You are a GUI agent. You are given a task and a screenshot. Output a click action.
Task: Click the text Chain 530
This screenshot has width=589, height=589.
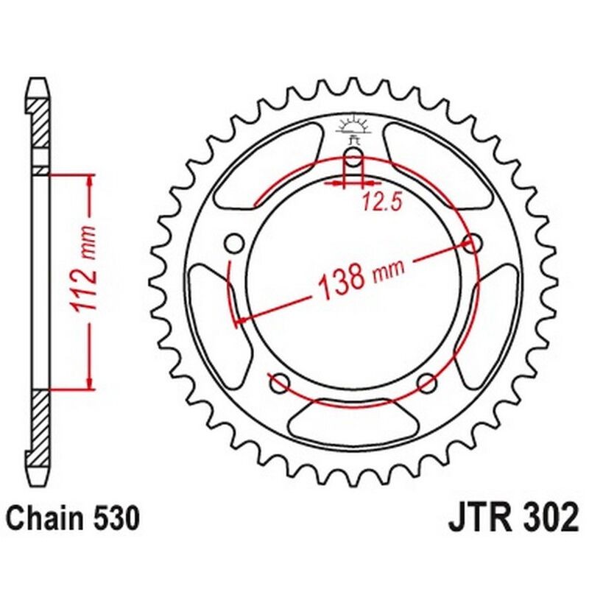point(74,519)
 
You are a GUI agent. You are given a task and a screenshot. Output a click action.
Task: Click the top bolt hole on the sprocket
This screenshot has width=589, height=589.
point(353,158)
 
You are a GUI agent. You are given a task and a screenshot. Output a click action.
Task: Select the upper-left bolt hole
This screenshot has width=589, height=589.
point(235,244)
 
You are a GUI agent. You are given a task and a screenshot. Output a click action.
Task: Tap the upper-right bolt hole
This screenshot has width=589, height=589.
point(472,244)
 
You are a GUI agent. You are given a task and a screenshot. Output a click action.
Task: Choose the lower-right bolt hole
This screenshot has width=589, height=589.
point(427,383)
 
